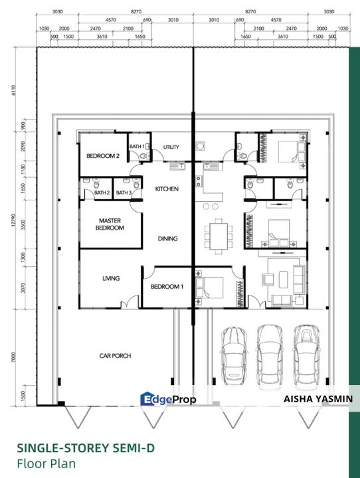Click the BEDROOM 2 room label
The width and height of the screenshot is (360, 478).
(102, 157)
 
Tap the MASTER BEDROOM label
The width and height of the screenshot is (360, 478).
(112, 224)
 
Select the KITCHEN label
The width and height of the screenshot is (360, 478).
(167, 189)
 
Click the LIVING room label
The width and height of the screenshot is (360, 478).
(110, 278)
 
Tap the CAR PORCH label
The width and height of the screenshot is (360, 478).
(116, 356)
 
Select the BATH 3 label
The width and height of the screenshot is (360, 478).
(124, 193)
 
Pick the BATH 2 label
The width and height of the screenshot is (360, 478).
(102, 193)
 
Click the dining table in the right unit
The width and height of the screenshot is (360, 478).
(218, 234)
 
